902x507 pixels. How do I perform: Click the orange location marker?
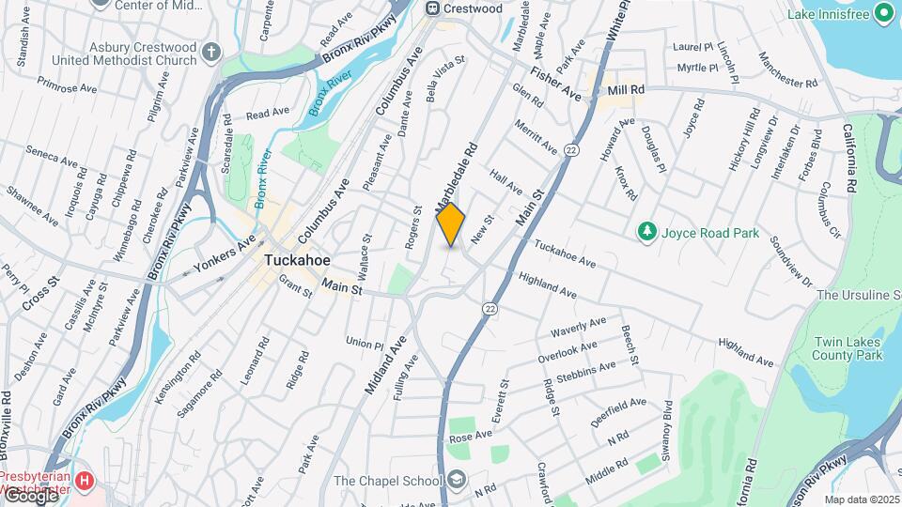pyautogui.click(x=451, y=224)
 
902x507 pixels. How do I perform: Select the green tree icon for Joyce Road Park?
pyautogui.click(x=645, y=231)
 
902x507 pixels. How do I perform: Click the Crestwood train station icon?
pyautogui.click(x=433, y=8)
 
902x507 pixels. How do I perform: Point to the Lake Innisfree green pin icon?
pyautogui.click(x=883, y=12)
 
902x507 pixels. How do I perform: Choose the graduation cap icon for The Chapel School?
pyautogui.click(x=457, y=481)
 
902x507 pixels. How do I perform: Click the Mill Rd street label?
pyautogui.click(x=626, y=89)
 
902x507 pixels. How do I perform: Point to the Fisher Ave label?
pyautogui.click(x=554, y=83)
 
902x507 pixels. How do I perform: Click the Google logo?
pyautogui.click(x=30, y=496)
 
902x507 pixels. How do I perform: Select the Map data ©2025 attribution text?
pyautogui.click(x=862, y=499)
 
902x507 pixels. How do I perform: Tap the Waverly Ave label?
pyautogui.click(x=580, y=328)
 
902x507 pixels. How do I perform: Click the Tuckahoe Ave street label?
pyautogui.click(x=565, y=252)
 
